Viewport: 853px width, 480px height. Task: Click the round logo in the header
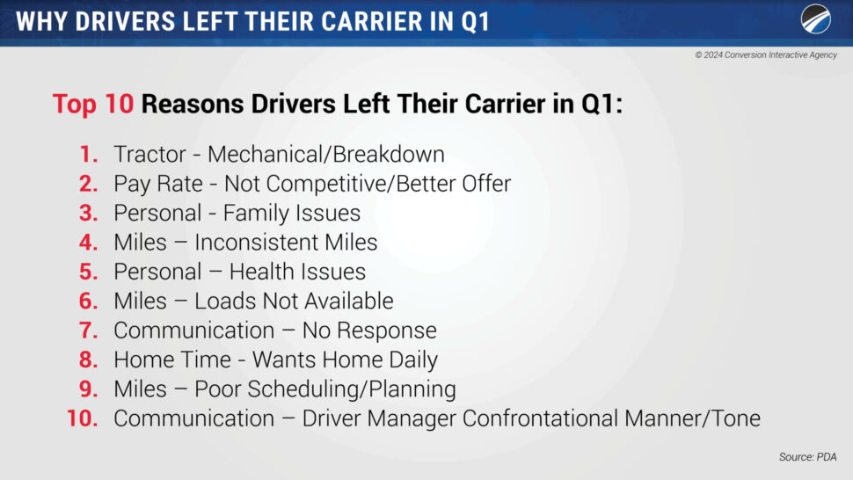[x=815, y=19]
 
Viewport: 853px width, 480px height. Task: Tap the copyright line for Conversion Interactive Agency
[x=766, y=55]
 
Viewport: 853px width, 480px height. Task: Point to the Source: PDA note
[x=807, y=456]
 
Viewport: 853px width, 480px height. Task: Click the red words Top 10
[x=93, y=104]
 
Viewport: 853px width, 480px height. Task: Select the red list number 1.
[x=89, y=155]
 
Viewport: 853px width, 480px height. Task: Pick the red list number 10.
[x=82, y=418]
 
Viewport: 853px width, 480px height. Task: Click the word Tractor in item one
[x=150, y=155]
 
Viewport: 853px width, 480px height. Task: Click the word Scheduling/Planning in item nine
[x=325, y=389]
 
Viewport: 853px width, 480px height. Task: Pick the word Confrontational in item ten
[x=540, y=418]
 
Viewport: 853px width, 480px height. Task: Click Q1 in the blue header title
[x=476, y=22]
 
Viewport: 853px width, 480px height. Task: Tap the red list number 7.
[x=89, y=331]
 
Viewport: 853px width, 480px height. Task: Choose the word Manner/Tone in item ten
[x=693, y=418]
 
